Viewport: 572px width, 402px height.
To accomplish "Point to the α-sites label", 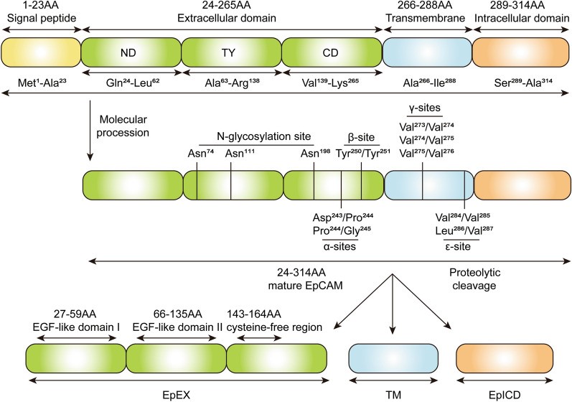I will tap(340, 246).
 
